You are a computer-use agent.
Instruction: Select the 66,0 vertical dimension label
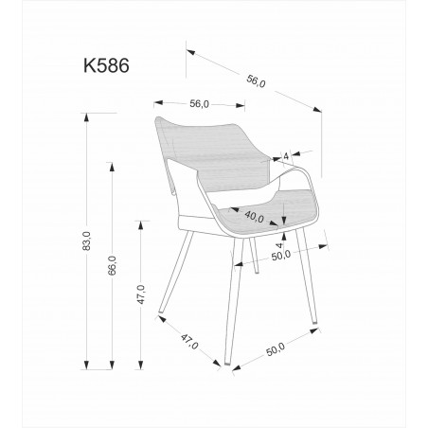tap(111, 264)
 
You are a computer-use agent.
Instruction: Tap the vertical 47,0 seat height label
tap(140, 294)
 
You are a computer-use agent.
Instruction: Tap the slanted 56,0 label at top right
tap(256, 81)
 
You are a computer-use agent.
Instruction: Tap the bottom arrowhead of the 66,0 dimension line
tap(111, 364)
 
